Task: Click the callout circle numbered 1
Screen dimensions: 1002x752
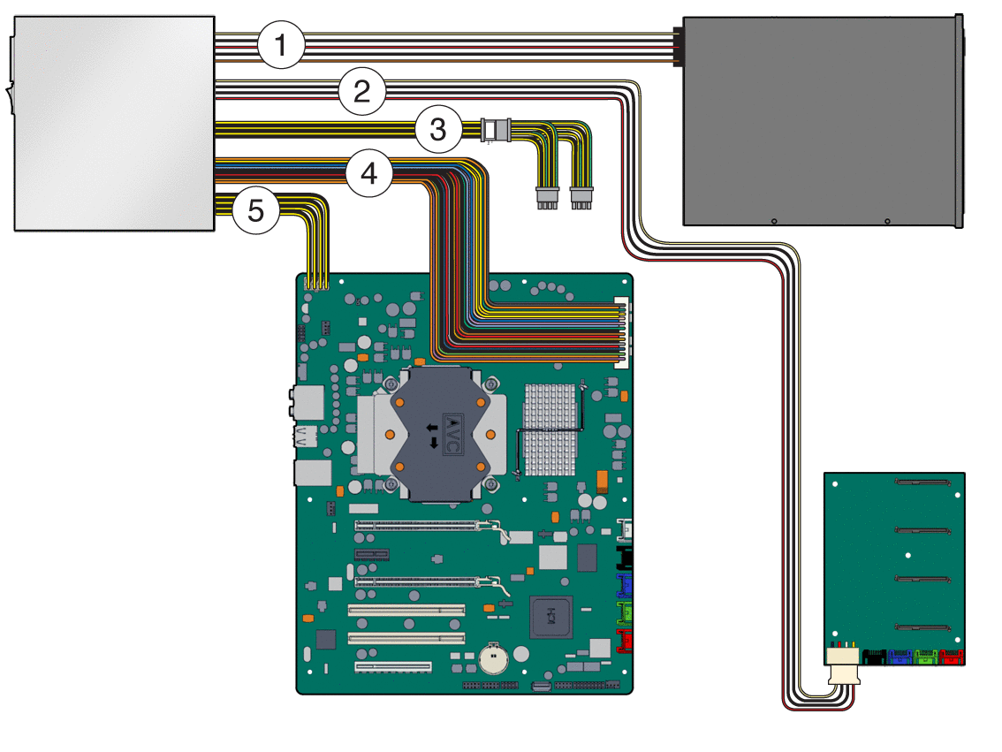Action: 281,45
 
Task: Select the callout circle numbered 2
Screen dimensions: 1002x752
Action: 361,91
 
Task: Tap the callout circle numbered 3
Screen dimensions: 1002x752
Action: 438,130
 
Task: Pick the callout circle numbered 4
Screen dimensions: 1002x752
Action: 369,173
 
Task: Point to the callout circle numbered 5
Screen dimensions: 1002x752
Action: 255,211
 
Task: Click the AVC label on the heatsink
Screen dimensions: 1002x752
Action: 452,435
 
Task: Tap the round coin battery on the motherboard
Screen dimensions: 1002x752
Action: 493,657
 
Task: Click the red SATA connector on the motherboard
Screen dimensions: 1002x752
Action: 625,641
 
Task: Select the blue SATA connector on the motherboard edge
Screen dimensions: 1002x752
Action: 625,586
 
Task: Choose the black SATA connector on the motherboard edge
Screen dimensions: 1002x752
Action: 625,558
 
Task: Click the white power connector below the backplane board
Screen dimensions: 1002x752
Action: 844,665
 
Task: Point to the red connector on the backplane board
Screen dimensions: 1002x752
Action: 952,657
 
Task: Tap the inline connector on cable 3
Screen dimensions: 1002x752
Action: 496,130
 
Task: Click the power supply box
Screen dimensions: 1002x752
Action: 114,124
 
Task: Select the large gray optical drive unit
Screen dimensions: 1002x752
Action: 824,121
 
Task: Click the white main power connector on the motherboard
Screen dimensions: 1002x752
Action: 622,333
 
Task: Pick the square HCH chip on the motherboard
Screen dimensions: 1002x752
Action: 550,617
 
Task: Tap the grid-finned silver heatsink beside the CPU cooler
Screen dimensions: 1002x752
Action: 550,429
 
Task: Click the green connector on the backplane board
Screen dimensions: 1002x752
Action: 926,657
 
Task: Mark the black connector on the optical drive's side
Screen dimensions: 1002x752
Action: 678,46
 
